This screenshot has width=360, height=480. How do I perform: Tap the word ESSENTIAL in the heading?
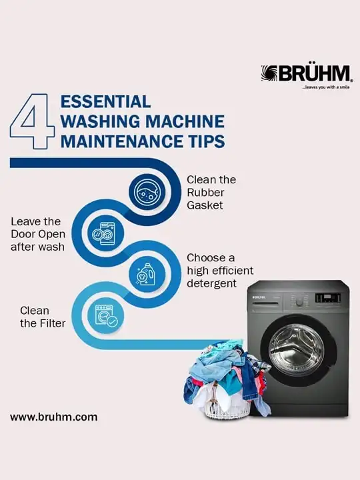point(105,101)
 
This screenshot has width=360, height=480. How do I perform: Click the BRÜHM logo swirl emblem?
point(269,73)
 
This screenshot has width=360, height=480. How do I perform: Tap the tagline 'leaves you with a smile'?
point(326,87)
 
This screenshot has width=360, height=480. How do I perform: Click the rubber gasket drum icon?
point(147,192)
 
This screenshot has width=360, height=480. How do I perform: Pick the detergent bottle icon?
point(147,273)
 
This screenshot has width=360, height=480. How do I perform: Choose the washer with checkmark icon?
point(106,315)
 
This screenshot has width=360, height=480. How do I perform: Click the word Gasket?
point(205,205)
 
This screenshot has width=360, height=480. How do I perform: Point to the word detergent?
point(211,283)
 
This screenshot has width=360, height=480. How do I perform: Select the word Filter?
point(52,323)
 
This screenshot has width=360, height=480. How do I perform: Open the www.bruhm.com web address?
point(54,417)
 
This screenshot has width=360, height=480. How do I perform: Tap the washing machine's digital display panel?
point(327,297)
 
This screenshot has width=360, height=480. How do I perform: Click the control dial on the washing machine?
point(300,301)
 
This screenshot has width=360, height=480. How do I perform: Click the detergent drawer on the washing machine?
point(265,300)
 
